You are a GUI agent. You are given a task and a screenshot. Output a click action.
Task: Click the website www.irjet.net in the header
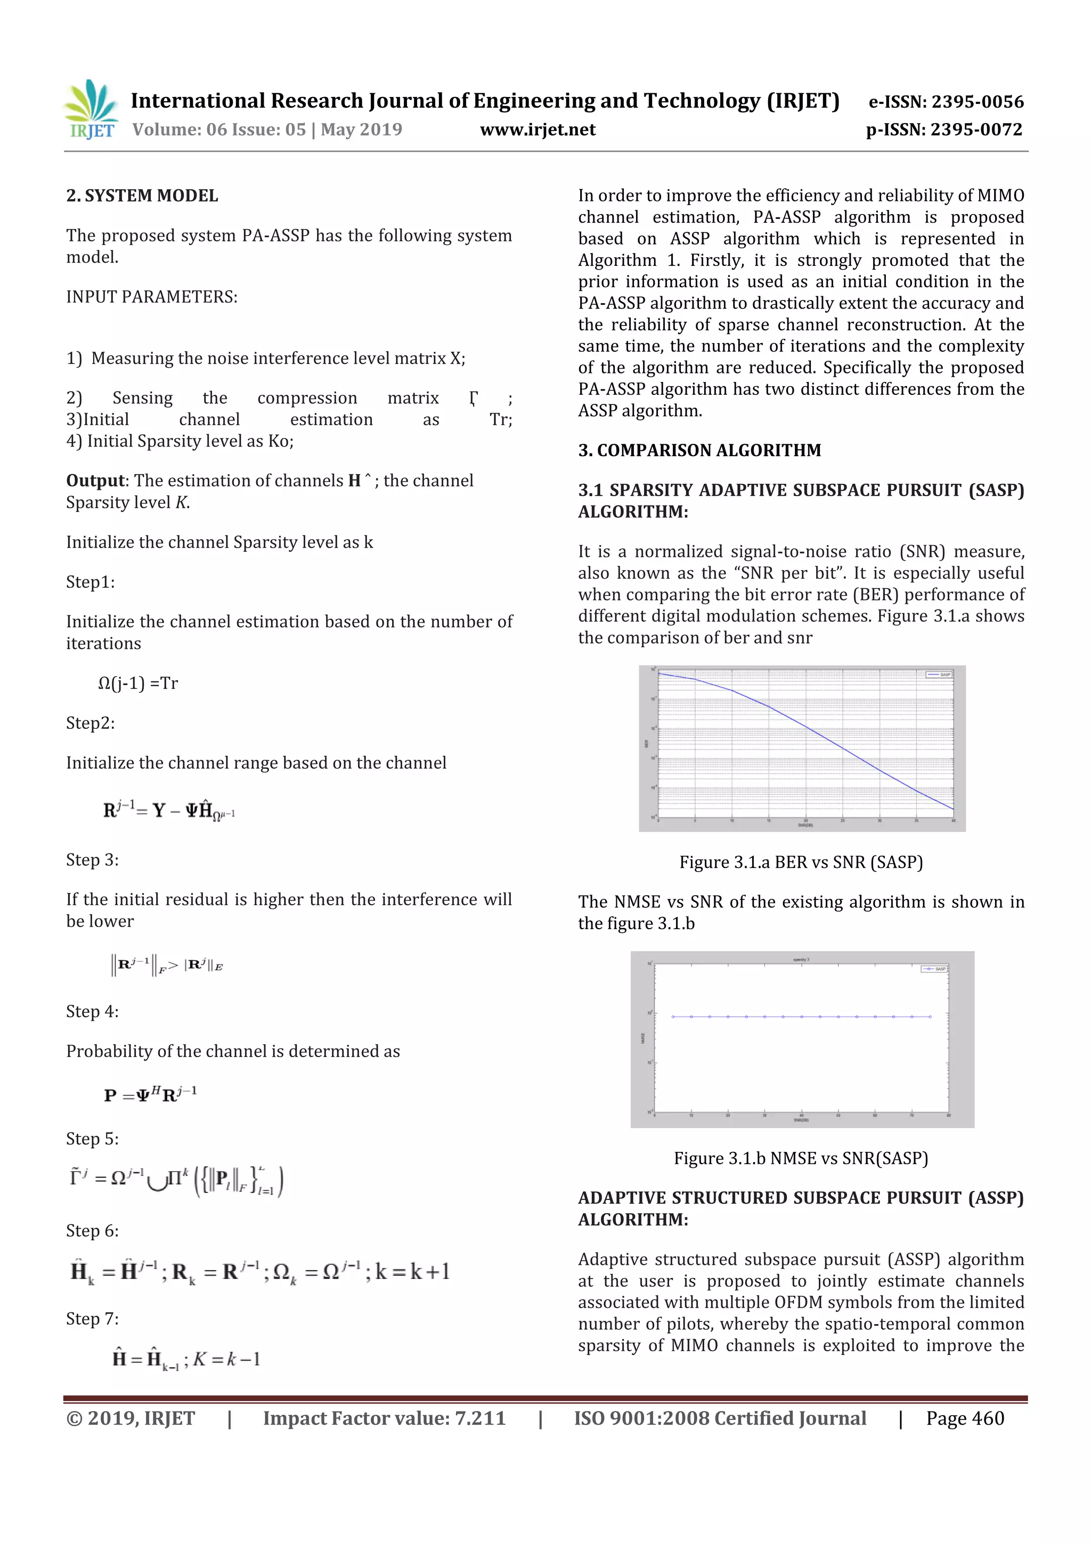tap(538, 129)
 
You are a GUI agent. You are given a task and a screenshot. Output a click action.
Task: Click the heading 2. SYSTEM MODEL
tap(142, 196)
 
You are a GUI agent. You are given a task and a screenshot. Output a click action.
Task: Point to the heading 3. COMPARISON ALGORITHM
tap(699, 450)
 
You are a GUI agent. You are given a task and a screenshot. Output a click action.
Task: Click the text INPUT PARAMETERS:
tap(152, 297)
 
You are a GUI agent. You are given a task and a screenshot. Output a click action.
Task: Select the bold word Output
tap(95, 481)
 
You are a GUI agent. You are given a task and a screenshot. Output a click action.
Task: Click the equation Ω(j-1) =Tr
tap(138, 684)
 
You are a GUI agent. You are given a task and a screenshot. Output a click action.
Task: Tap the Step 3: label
tap(92, 860)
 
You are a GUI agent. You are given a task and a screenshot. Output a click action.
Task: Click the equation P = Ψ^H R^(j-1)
tap(150, 1095)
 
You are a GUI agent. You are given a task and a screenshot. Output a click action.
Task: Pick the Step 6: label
tap(92, 1231)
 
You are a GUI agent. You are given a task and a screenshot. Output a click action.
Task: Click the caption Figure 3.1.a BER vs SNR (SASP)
tap(801, 862)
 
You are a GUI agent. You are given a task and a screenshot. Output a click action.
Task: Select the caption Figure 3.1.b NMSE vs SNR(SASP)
tap(801, 1159)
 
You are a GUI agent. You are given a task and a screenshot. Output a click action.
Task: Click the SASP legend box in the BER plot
tap(939, 674)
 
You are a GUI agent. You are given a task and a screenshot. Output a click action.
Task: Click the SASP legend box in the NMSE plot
tap(934, 969)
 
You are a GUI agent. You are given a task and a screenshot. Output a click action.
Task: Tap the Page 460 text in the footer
tap(965, 1419)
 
